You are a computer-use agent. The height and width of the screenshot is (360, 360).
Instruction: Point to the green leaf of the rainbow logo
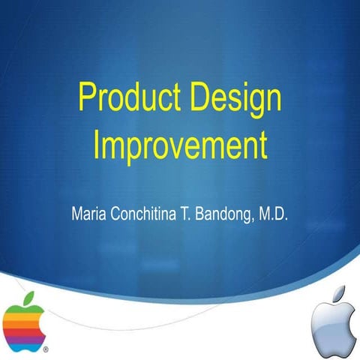31,298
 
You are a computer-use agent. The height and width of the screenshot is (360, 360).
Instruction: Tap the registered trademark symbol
46,349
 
